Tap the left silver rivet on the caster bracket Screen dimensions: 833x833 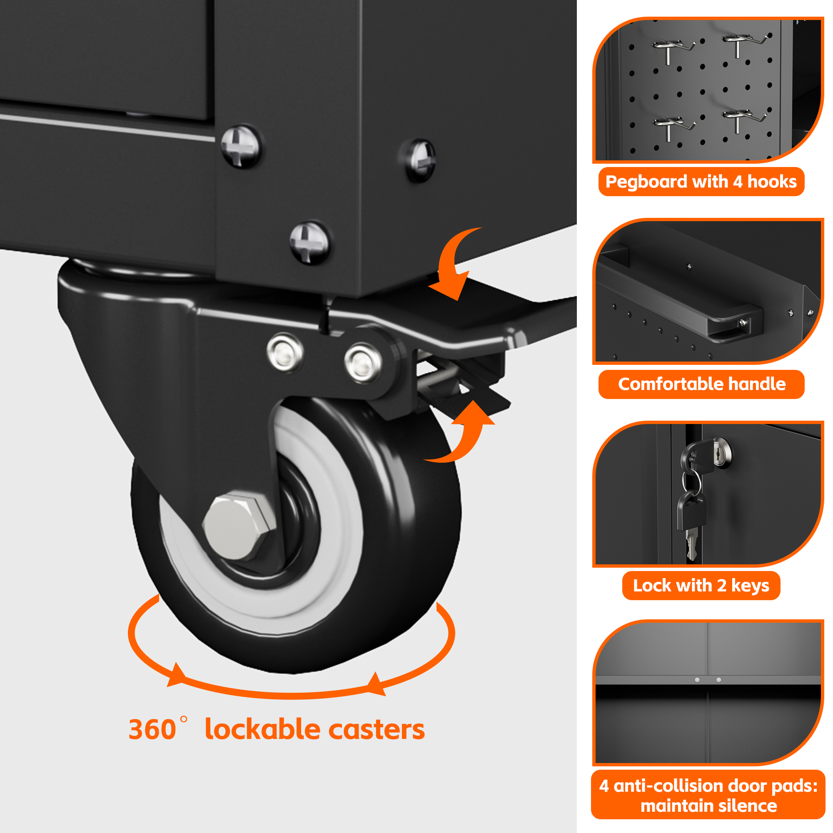285,352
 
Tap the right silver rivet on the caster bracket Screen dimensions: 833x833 363,363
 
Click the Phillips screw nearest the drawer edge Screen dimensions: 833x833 241,147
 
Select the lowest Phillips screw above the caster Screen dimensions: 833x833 309,242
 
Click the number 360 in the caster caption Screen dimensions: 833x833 152,730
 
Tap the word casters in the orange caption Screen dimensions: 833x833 377,730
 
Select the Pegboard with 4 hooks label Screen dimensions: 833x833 701,182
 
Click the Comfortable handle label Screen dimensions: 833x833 701,384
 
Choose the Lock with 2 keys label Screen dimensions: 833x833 701,586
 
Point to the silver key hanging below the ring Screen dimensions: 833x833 691,545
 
